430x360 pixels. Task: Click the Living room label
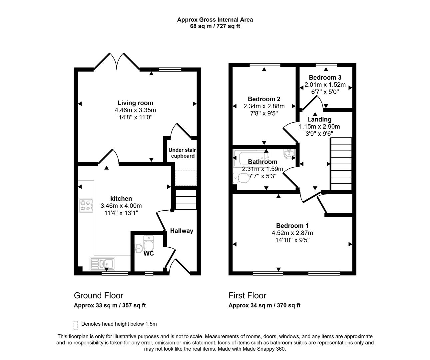(x=135, y=103)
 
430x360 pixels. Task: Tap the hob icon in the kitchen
(x=86, y=205)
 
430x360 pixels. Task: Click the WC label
(x=149, y=254)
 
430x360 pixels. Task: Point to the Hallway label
(x=182, y=231)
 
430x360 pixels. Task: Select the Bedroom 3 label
(x=325, y=78)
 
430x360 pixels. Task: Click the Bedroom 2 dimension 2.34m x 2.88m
(x=264, y=106)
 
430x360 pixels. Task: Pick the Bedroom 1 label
(x=290, y=226)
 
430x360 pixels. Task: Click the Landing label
(x=319, y=119)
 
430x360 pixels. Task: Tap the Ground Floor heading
(x=99, y=296)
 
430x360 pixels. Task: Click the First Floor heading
(x=247, y=296)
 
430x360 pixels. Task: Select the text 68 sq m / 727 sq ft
(x=215, y=26)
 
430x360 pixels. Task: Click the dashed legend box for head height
(x=76, y=325)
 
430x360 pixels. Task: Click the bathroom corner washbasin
(x=288, y=154)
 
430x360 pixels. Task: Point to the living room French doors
(x=116, y=62)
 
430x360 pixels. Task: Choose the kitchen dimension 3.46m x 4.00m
(x=121, y=206)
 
